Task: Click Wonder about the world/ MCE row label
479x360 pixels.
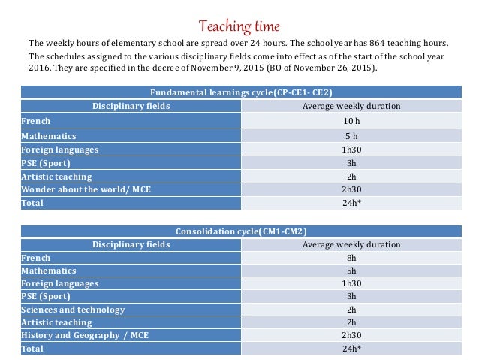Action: [x=86, y=189]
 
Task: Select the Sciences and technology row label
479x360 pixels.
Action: [x=73, y=309]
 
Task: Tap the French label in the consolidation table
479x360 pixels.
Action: [x=36, y=258]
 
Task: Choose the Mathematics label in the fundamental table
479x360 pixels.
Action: [x=49, y=135]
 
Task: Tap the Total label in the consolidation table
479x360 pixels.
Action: [x=32, y=349]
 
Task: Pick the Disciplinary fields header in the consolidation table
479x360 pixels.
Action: [x=131, y=244]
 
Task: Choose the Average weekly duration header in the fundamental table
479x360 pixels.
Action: [x=351, y=106]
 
